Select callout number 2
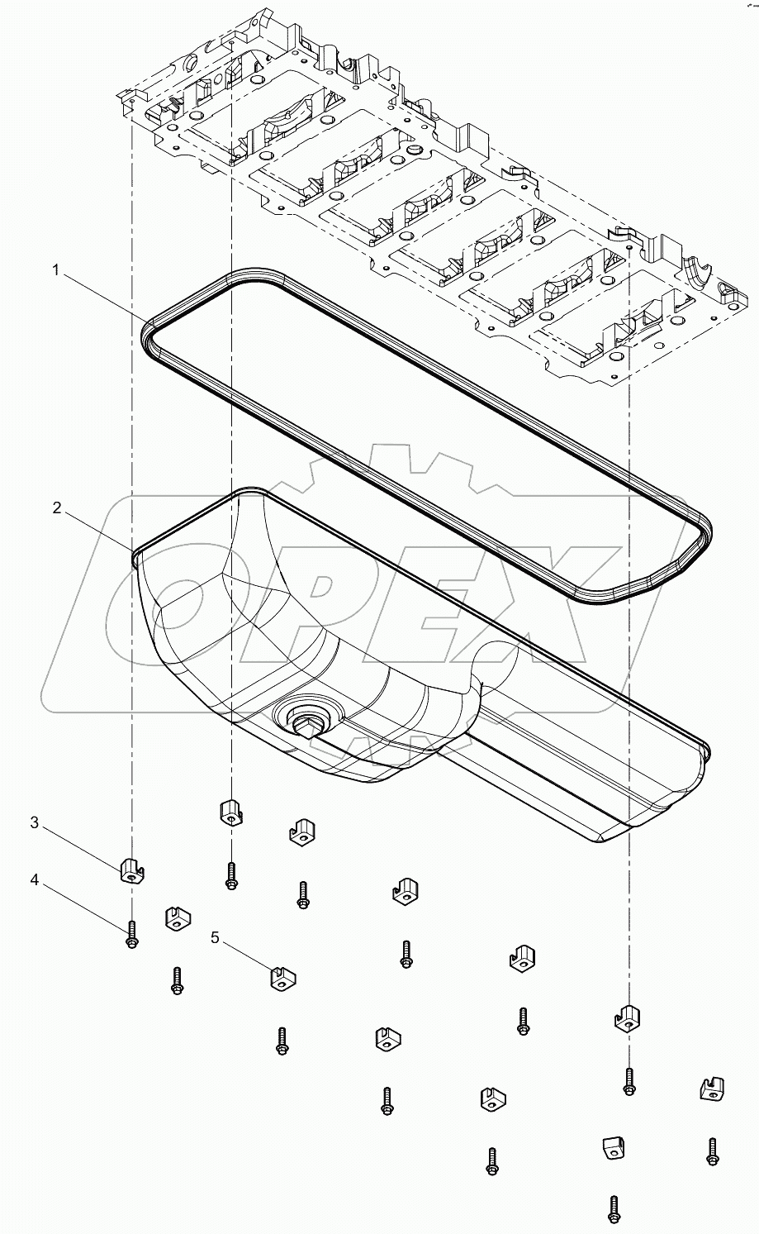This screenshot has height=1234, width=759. [x=56, y=507]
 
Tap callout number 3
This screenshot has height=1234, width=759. [x=35, y=822]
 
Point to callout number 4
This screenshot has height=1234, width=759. [x=35, y=880]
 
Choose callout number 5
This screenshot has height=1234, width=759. [x=216, y=937]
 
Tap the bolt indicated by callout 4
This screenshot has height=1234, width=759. [x=131, y=935]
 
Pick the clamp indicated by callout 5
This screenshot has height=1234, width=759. [x=282, y=979]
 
